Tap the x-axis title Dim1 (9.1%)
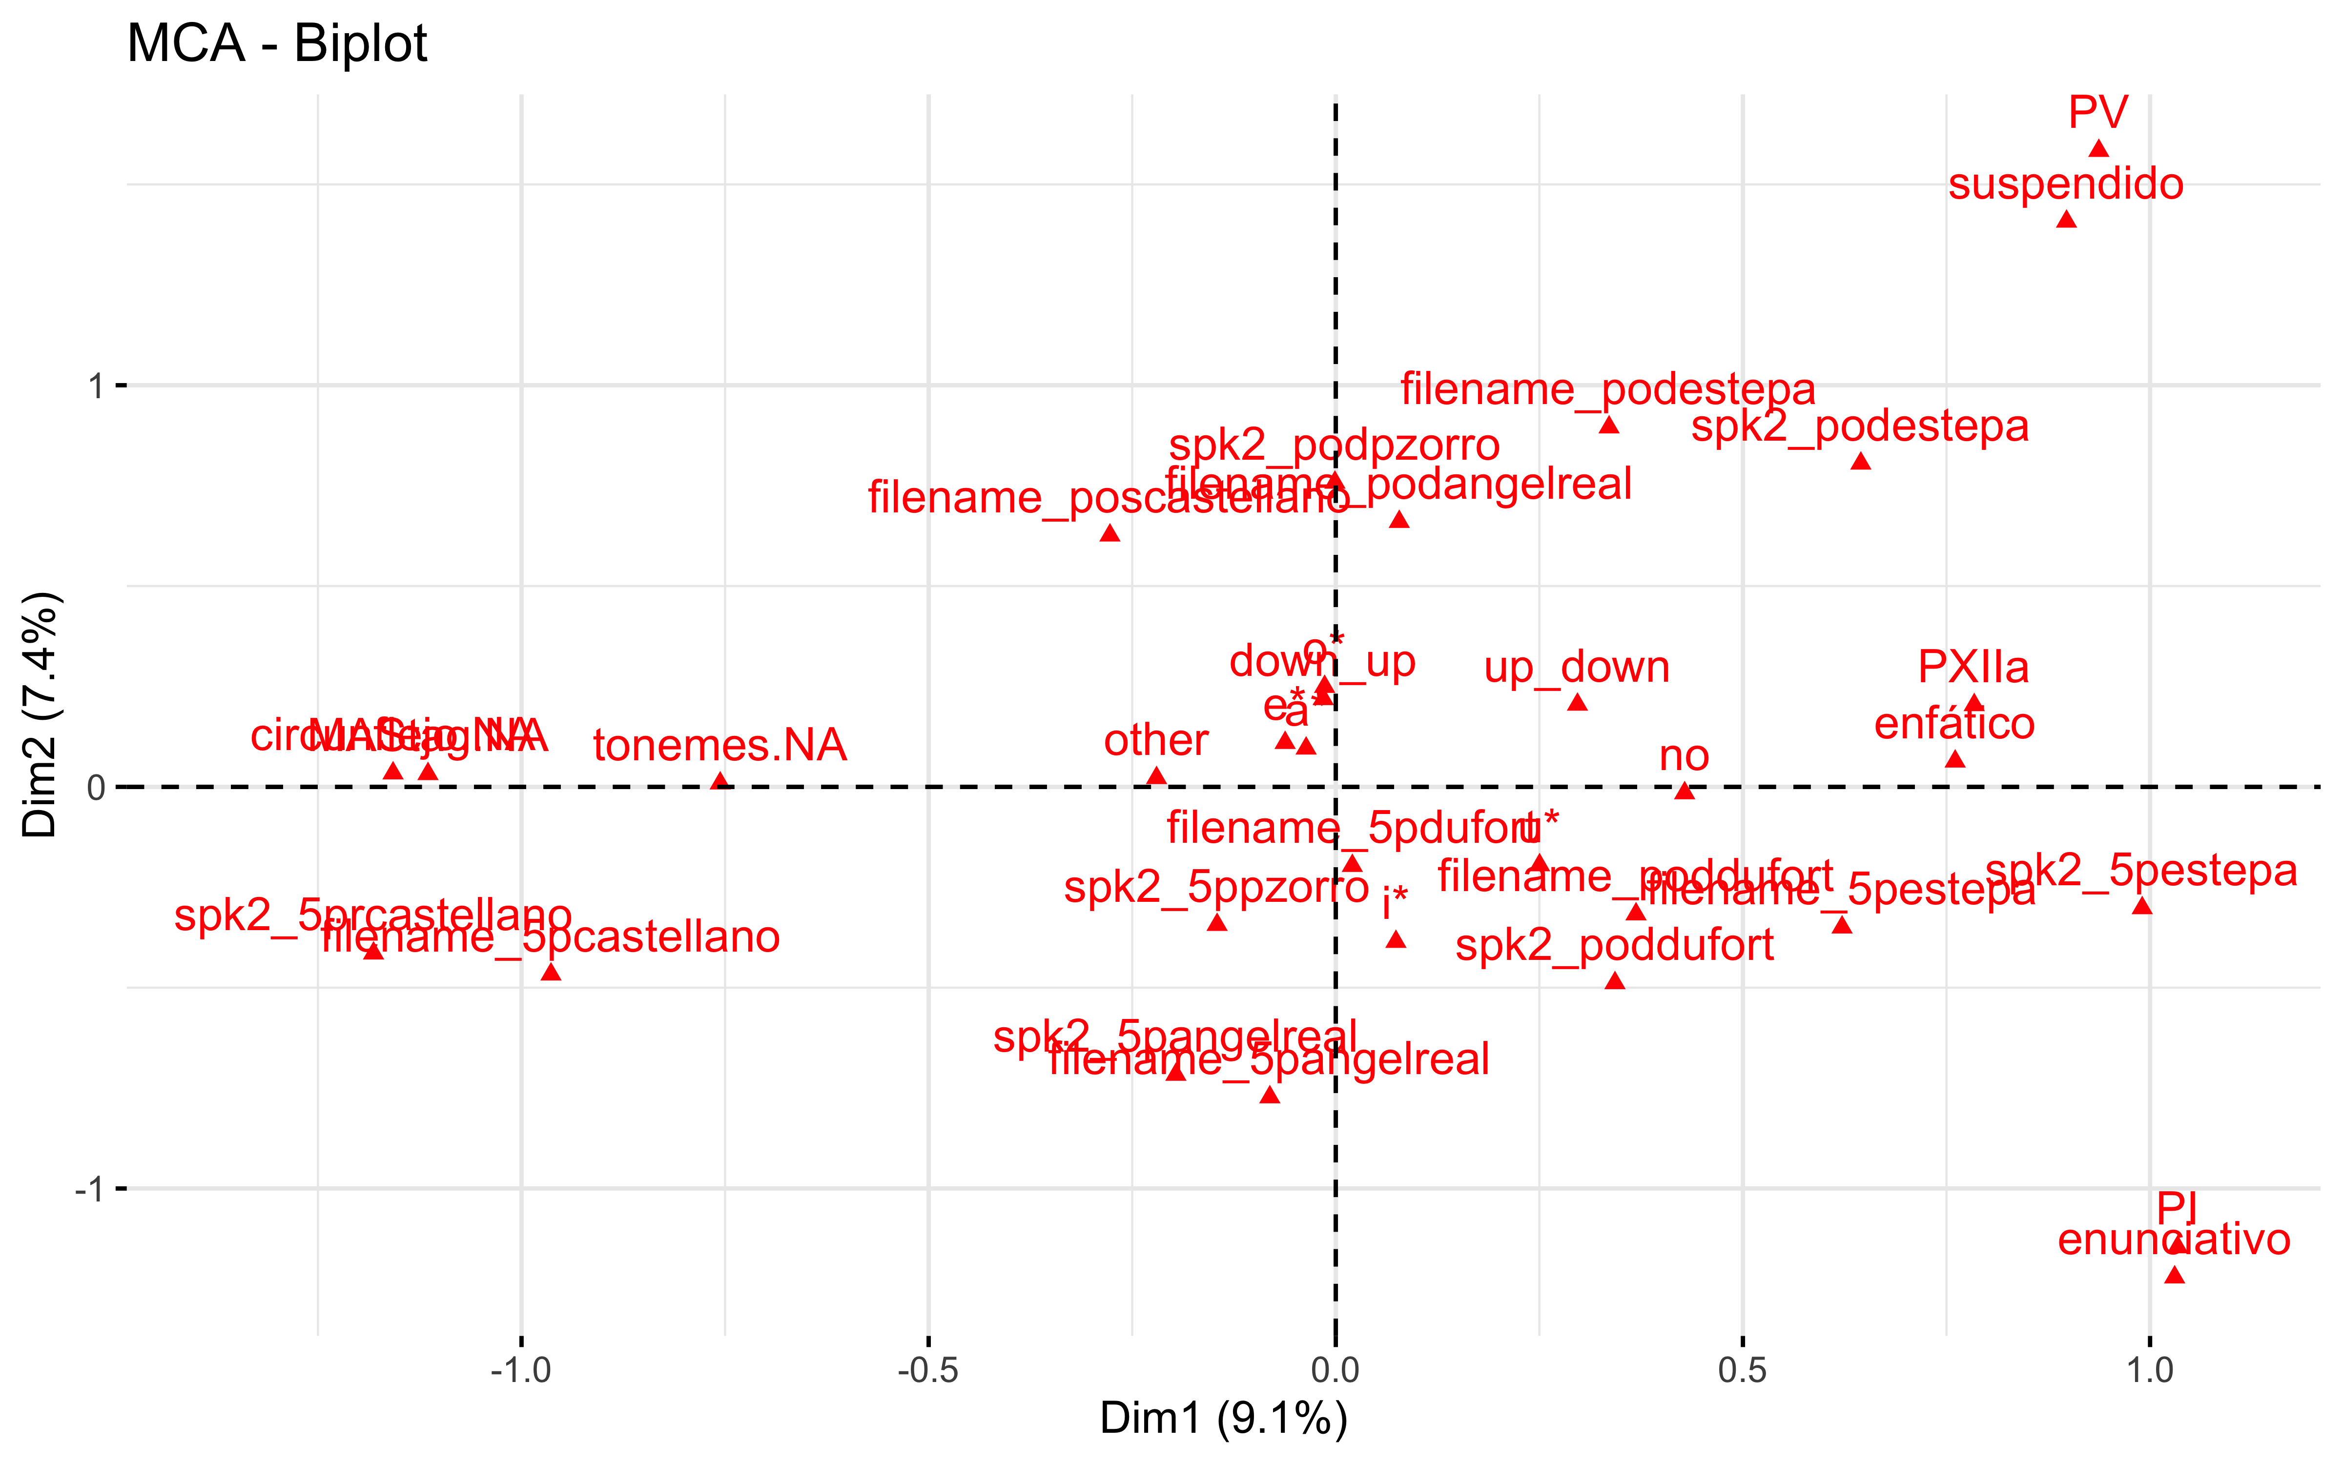1223,1419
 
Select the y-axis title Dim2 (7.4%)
41,714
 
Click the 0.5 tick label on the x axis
1742,1370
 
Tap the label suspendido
2065,184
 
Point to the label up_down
1576,667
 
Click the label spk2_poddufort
1614,945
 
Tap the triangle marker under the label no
1685,791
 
